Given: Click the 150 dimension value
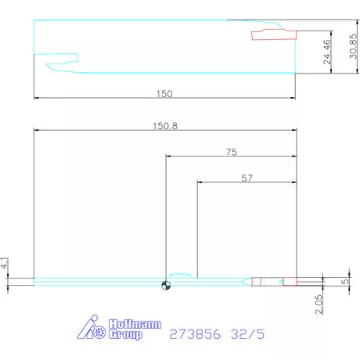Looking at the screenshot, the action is (164, 94).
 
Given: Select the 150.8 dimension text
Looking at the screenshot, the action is (165, 126).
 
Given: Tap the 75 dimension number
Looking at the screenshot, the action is (232, 152).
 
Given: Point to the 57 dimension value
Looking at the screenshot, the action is (247, 178).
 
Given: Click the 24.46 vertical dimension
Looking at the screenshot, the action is (327, 52).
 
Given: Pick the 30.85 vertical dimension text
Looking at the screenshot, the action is (353, 46).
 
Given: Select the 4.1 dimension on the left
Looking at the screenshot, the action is (4, 263).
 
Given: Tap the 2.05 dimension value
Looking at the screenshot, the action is (319, 304).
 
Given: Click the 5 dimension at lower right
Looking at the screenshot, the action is (345, 282).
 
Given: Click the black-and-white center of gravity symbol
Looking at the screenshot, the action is (166, 285).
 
